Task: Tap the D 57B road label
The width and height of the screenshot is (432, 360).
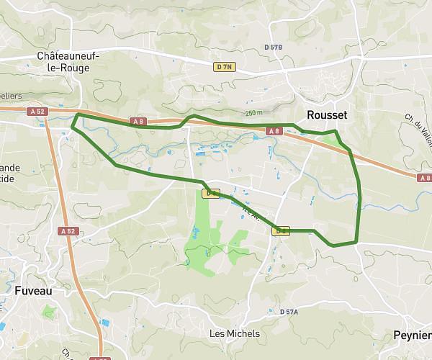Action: pyautogui.click(x=274, y=48)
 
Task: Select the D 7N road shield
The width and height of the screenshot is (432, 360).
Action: pyautogui.click(x=225, y=67)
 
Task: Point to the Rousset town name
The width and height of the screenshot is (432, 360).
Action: pyautogui.click(x=327, y=115)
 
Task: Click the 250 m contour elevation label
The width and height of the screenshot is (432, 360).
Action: pyautogui.click(x=253, y=113)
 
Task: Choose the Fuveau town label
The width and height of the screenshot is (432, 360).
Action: pyautogui.click(x=35, y=291)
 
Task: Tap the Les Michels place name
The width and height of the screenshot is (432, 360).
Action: pyautogui.click(x=234, y=334)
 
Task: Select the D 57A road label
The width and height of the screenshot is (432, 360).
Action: pyautogui.click(x=289, y=312)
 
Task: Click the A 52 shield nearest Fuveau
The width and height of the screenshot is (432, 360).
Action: pyautogui.click(x=68, y=231)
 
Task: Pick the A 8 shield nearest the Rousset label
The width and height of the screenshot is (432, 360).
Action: pyautogui.click(x=274, y=131)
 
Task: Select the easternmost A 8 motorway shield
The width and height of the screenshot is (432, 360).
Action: pyautogui.click(x=424, y=177)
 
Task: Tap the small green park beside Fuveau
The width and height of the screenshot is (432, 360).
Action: pyautogui.click(x=48, y=312)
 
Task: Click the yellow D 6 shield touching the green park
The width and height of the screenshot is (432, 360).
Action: pyautogui.click(x=211, y=193)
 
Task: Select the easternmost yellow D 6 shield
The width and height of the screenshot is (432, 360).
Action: pyautogui.click(x=282, y=230)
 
